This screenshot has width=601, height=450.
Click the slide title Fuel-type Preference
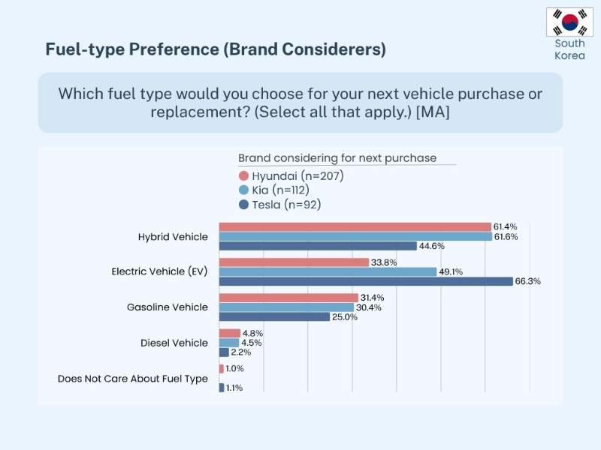click(216, 49)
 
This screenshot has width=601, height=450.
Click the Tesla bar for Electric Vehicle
click(366, 281)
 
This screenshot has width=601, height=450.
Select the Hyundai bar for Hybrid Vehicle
click(355, 226)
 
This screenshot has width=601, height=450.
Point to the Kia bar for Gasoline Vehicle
click(285, 307)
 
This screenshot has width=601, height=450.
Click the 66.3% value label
click(528, 281)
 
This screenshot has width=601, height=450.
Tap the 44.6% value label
click(432, 246)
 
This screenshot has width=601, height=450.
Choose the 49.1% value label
click(452, 271)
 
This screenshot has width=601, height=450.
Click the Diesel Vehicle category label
click(174, 343)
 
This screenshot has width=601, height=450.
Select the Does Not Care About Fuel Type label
click(132, 379)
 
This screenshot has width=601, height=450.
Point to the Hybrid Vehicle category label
click(173, 236)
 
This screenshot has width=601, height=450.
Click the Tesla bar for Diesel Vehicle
click(224, 352)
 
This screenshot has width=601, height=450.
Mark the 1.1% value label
click(234, 388)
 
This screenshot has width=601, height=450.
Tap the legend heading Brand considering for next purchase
click(337, 158)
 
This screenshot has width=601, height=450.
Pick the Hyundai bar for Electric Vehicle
click(294, 262)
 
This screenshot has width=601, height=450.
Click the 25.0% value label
click(346, 317)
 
